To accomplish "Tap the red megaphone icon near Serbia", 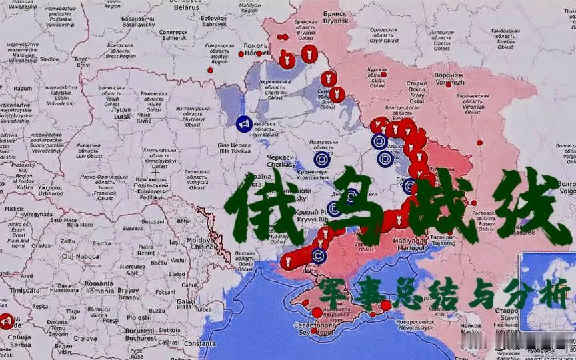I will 7,322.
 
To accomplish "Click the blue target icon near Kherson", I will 319,255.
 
